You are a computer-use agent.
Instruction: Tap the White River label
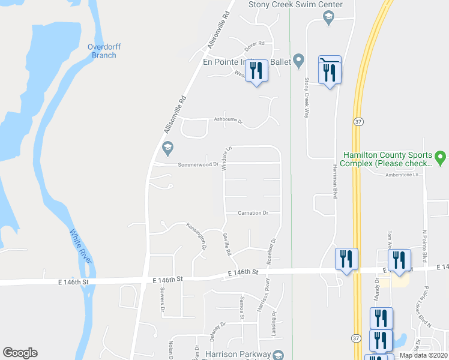tap(82, 246)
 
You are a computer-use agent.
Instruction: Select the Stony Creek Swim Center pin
tap(328, 18)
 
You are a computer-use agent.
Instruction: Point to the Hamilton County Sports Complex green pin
tap(441, 158)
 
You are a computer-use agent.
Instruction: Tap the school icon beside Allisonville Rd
tap(167, 148)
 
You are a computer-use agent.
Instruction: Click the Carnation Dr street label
tap(252, 212)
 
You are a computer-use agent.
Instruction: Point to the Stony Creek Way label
tap(306, 97)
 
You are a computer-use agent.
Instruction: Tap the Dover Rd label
tap(255, 47)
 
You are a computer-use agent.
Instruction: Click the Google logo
tap(20, 353)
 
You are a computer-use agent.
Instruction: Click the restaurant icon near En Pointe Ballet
tap(257, 71)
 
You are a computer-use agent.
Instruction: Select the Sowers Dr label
tap(162, 299)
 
